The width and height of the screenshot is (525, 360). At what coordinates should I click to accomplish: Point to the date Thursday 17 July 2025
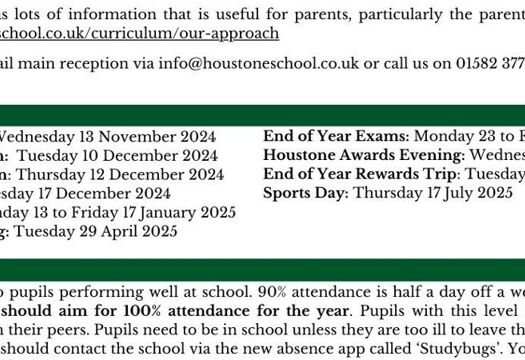pyautogui.click(x=433, y=193)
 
